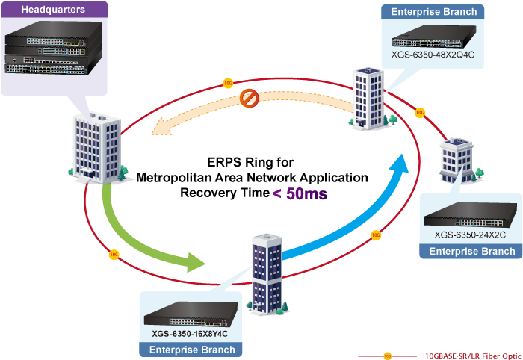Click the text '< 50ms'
[x=299, y=193]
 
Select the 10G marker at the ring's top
[x=228, y=83]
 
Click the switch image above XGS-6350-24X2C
[x=470, y=214]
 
